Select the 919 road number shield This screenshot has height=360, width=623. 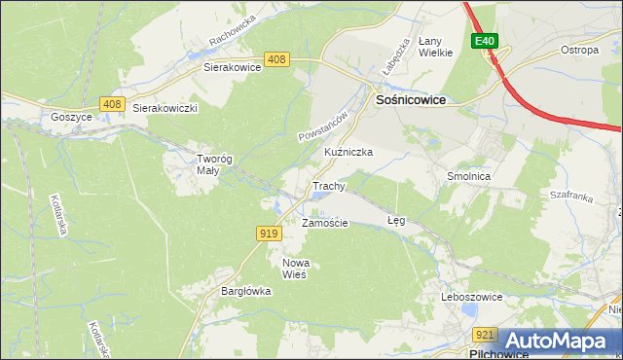click(270, 233)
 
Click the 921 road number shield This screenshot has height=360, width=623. click(488, 335)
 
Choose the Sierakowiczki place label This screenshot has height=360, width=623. click(165, 109)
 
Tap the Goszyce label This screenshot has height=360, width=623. click(71, 116)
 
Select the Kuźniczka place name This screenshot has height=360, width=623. click(348, 153)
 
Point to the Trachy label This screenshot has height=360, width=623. click(329, 186)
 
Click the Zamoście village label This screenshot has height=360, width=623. click(324, 223)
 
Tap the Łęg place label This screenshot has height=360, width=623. click(395, 221)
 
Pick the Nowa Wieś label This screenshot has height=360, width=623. click(294, 269)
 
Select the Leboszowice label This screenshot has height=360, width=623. click(471, 296)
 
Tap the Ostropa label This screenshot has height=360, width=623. click(578, 50)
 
